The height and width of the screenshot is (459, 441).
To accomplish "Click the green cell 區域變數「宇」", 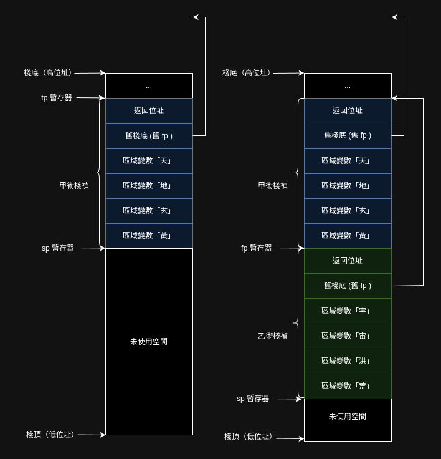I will coord(348,311).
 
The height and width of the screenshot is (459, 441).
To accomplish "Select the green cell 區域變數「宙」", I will coord(348,336).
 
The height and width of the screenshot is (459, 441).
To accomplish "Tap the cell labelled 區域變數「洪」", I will coord(348,361).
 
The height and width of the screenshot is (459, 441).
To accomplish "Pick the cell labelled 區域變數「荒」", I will coord(348,386).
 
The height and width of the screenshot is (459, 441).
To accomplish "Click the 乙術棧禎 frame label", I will coord(273,336).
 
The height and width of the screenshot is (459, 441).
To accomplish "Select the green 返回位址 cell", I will coord(348,261).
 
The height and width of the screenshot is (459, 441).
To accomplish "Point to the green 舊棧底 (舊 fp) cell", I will coord(348,286).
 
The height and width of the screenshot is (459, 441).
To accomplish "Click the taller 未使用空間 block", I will coord(149,341).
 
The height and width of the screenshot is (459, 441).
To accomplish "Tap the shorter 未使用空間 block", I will coord(348,416).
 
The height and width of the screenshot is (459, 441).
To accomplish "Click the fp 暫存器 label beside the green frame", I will coord(257,248).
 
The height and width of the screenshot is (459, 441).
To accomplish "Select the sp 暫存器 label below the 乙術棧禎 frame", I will coord(253,399).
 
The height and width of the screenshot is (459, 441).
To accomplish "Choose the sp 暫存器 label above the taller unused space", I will coord(58,248).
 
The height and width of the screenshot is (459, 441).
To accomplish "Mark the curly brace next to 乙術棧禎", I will coord(297,323).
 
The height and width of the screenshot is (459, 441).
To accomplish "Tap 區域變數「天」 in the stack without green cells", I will coord(149,161).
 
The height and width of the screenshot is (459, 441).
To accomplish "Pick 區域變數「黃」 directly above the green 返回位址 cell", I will coord(348,236).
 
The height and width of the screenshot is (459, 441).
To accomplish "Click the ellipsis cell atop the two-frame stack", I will coord(348,85).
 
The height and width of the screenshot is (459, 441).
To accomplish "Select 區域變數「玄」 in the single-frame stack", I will coord(149,211).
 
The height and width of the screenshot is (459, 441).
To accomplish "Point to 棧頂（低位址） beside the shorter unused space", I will coord(249,437).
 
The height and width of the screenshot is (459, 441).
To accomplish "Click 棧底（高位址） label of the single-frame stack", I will coord(48,73).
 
